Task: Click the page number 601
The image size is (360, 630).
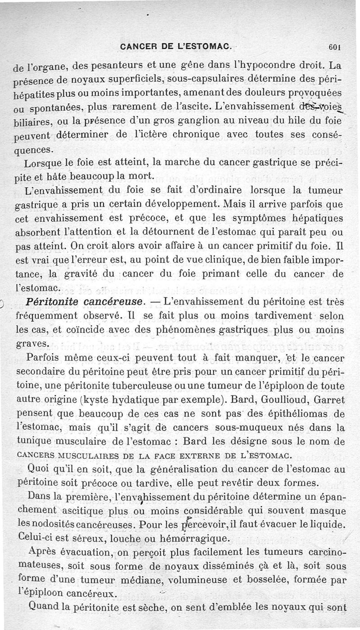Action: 337,46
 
